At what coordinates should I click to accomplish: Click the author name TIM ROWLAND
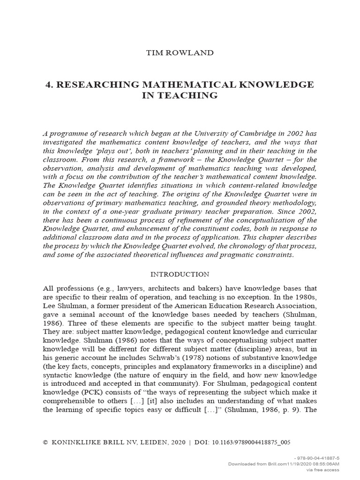[x=180, y=52]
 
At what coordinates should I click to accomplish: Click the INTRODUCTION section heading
[x=180, y=274]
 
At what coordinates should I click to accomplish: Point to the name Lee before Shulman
[x=50, y=306]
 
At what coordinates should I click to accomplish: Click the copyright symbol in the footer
[x=45, y=442]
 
